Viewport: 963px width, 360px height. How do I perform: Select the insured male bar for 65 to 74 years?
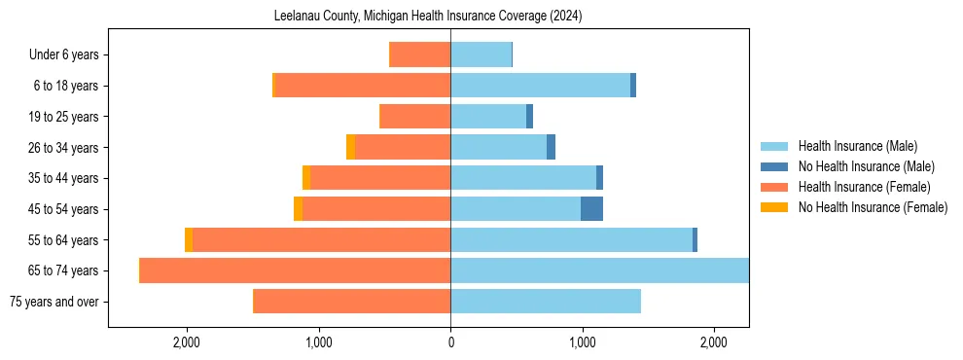[x=599, y=270]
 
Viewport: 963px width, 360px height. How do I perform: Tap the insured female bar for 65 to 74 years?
[x=295, y=270]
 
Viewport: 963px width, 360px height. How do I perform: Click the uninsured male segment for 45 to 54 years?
[x=591, y=209]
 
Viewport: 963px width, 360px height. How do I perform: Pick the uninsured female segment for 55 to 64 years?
[x=189, y=240]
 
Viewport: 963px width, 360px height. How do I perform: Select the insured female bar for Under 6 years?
[x=419, y=55]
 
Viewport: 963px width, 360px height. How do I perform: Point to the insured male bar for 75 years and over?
[x=545, y=302]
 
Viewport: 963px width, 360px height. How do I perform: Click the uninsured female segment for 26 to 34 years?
[x=350, y=148]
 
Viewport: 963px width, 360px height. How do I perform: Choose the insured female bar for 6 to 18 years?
[x=363, y=86]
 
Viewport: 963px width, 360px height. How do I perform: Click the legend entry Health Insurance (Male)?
[x=857, y=146]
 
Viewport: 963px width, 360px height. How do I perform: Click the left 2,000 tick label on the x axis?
[x=186, y=342]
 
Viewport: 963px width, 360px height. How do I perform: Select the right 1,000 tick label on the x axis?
[x=582, y=342]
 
